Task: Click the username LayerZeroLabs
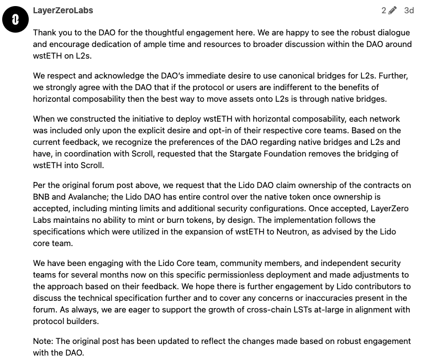(x=63, y=11)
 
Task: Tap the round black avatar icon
(x=15, y=20)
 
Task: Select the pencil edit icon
(x=393, y=11)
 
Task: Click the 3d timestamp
(x=409, y=11)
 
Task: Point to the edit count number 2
(x=383, y=11)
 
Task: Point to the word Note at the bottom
(x=43, y=341)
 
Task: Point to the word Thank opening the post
(x=45, y=33)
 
